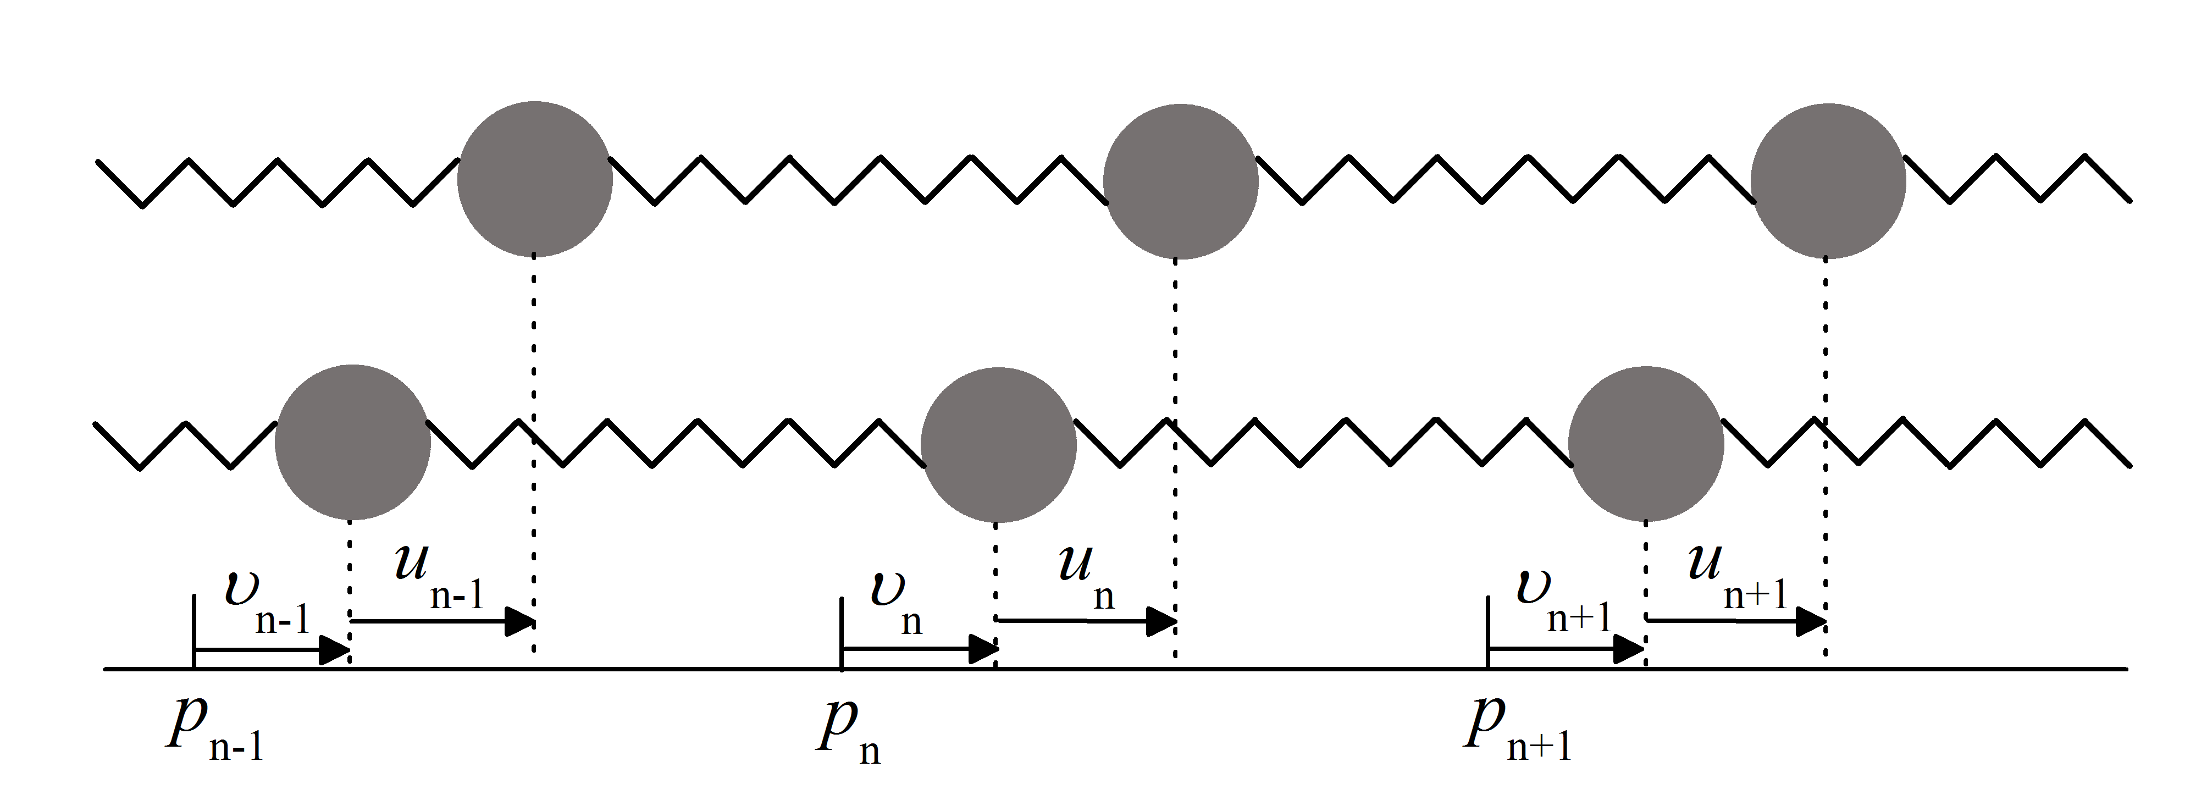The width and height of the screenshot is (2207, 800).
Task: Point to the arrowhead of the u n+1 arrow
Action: tap(1810, 621)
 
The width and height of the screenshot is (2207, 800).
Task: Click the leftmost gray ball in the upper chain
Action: tap(535, 179)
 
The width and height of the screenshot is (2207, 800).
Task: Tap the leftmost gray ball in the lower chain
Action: tap(352, 442)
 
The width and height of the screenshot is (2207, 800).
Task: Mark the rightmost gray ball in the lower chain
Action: tap(1646, 444)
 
